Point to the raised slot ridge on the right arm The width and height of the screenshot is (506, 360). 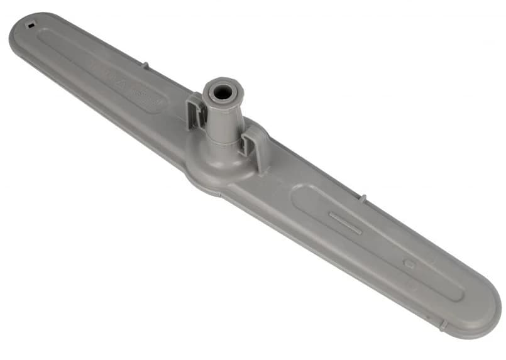pyautogui.click(x=345, y=223)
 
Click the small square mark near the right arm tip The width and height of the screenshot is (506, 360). pyautogui.click(x=409, y=265)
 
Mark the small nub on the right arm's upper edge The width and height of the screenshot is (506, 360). pyautogui.click(x=362, y=199)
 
